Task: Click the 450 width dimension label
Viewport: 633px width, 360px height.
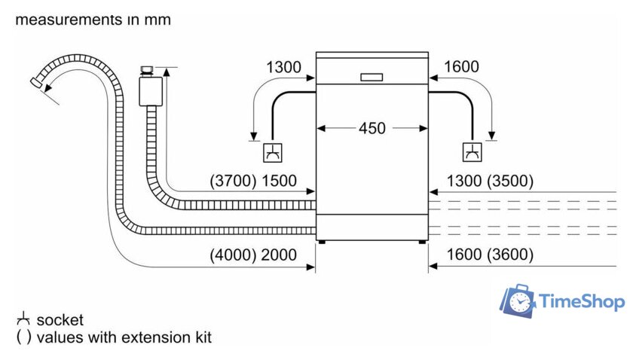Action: pyautogui.click(x=372, y=128)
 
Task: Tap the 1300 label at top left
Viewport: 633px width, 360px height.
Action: pyautogui.click(x=283, y=68)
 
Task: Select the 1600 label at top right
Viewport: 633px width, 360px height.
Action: pyautogui.click(x=460, y=68)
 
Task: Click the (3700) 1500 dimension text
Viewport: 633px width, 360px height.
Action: pyautogui.click(x=253, y=181)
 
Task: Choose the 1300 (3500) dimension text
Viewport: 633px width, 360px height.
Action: pyautogui.click(x=490, y=181)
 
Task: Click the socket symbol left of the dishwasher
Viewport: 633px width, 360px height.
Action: pyautogui.click(x=271, y=152)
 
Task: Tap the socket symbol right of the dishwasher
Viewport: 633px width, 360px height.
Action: pyautogui.click(x=472, y=152)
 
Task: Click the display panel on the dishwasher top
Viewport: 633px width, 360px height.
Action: pyautogui.click(x=372, y=76)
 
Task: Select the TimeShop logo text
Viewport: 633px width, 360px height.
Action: pyautogui.click(x=582, y=302)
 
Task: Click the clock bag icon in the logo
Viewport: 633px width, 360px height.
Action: pyautogui.click(x=518, y=301)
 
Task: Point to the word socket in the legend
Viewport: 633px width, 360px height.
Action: pyautogui.click(x=60, y=320)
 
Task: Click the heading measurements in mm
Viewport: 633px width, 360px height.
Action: pyautogui.click(x=93, y=20)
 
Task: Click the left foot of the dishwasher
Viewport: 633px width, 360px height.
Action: pyautogui.click(x=323, y=242)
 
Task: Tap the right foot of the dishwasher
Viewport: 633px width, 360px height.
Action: pyautogui.click(x=421, y=242)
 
